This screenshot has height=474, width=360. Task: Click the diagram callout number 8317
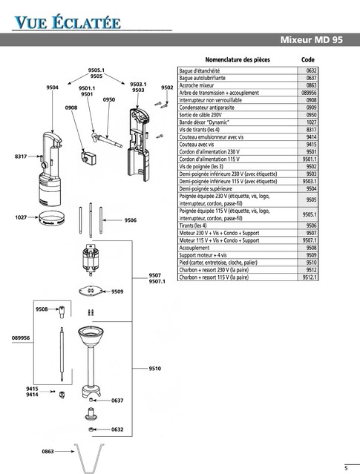(21, 157)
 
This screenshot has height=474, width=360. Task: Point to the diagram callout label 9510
(155, 369)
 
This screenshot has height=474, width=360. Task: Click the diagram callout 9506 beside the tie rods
(130, 220)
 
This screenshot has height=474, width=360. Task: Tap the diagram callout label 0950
(108, 99)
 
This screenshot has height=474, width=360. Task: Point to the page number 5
(345, 467)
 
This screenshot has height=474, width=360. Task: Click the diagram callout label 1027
(22, 217)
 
